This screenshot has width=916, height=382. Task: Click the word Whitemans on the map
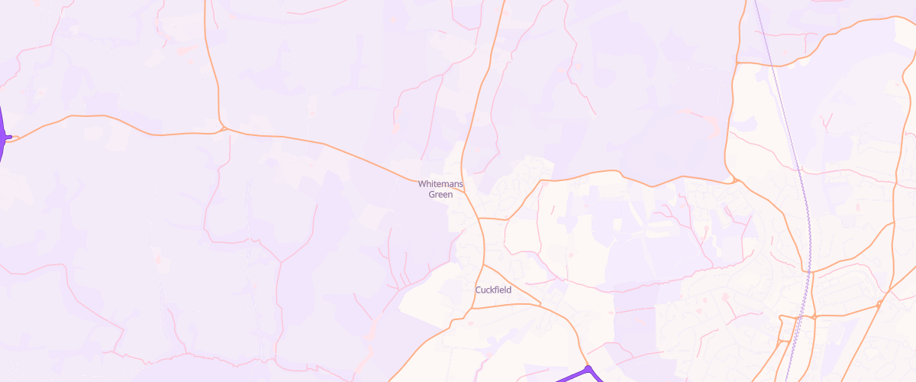(440, 184)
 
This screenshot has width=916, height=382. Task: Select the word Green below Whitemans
(440, 195)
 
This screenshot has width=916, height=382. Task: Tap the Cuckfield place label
(493, 290)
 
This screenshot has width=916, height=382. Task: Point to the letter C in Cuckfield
(479, 290)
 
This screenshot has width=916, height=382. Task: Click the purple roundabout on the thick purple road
(589, 370)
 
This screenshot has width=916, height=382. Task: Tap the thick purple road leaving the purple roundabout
(569, 377)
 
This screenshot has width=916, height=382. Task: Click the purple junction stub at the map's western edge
(7, 138)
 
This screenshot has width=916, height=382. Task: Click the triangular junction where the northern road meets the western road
(222, 129)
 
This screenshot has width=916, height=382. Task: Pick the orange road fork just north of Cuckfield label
(482, 265)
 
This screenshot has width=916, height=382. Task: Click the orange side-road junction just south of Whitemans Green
(480, 219)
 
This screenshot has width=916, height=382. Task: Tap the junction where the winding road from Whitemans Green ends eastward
(734, 181)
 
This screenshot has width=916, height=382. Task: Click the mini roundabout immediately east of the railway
(814, 316)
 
